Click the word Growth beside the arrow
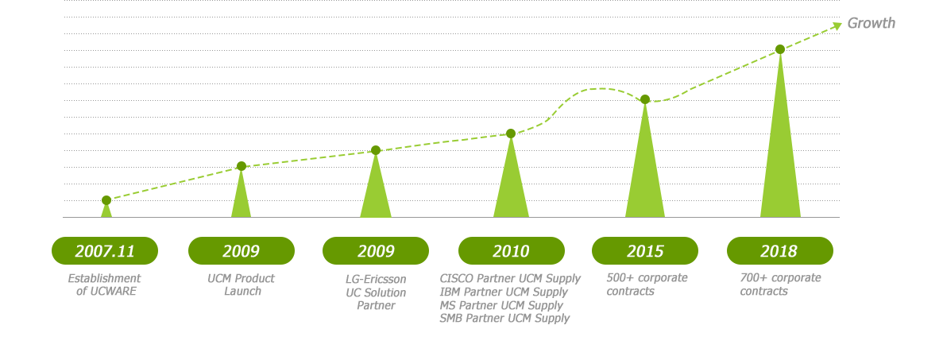pos(871,23)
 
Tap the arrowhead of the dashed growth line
pos(837,26)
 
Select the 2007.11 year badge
pos(105,250)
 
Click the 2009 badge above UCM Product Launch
pos(242,250)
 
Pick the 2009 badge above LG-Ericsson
pos(376,250)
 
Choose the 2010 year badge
pos(511,250)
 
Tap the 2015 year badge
pos(645,250)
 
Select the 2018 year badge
pos(780,250)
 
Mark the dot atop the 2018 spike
pos(780,49)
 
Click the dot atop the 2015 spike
pos(645,99)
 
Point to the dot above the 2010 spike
pos(511,134)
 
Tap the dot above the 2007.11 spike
pos(106,200)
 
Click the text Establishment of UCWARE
pos(104,285)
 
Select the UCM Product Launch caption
pos(242,285)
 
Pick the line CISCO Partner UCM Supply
pos(510,279)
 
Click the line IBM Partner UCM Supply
pos(504,292)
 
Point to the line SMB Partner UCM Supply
pos(504,319)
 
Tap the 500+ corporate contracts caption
pos(647,285)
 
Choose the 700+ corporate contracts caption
pos(780,285)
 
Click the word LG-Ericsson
pos(376,279)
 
